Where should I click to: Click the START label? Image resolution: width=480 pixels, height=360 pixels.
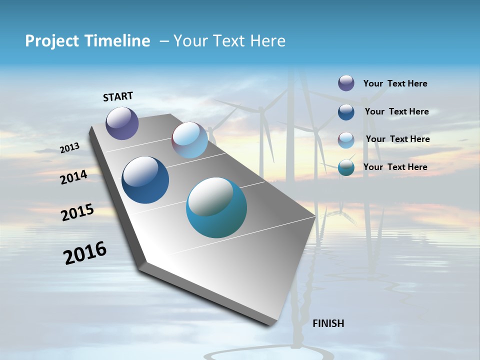(x=118, y=96)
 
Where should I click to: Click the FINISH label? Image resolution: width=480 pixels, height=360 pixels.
(x=328, y=323)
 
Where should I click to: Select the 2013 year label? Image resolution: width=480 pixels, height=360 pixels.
(x=70, y=147)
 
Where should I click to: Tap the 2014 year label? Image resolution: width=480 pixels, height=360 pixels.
(x=73, y=177)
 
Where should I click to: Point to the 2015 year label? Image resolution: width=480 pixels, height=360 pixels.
(x=77, y=212)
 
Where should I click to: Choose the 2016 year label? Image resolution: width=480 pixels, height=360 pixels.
(x=85, y=252)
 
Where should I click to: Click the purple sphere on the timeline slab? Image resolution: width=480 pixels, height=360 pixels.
(x=122, y=123)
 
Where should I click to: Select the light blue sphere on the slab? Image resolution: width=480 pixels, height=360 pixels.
(x=189, y=140)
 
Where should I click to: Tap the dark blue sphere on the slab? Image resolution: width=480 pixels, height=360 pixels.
(x=145, y=180)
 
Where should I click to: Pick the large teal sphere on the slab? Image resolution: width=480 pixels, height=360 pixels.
(x=216, y=207)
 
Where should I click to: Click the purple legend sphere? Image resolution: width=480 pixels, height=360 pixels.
(x=346, y=83)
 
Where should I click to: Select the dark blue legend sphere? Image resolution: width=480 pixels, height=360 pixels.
(x=346, y=112)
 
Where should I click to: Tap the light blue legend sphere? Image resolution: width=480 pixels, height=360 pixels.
(x=346, y=140)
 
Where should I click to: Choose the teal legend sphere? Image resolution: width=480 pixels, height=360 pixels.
(x=346, y=167)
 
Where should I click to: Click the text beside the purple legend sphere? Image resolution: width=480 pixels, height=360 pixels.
(x=395, y=83)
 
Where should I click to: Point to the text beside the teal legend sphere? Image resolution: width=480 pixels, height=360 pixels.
(x=395, y=167)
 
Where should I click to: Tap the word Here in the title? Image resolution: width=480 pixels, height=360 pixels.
(x=267, y=41)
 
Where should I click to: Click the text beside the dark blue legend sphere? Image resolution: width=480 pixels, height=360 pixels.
(x=396, y=111)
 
